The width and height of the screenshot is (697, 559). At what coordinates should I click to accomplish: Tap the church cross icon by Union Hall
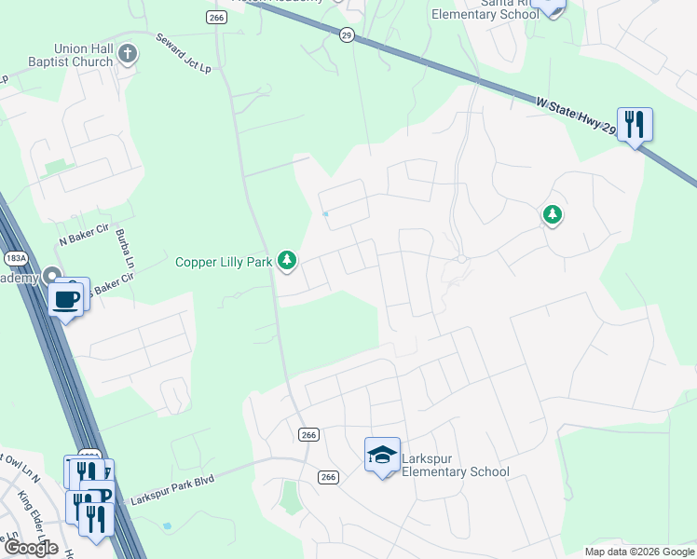point(130,55)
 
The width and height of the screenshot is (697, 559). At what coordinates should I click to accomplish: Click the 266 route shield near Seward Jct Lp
point(217,17)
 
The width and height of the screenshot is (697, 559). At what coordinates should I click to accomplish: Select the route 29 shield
point(347,34)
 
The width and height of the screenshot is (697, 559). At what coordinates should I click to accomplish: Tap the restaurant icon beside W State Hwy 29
point(635,123)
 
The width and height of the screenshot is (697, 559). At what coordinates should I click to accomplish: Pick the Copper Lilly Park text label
point(224,262)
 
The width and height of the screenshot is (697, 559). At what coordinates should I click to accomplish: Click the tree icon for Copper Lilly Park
point(288,262)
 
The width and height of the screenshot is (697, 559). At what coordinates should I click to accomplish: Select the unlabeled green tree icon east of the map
point(553,215)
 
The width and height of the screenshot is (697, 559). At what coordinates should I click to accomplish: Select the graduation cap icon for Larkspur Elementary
point(382,455)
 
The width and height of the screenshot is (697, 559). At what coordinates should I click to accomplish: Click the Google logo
point(31,548)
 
